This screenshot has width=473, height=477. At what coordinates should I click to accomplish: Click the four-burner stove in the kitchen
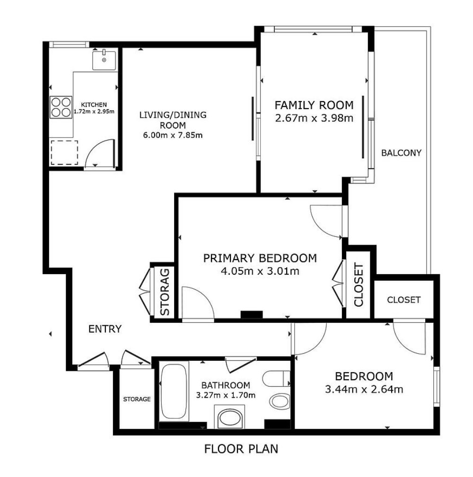pyautogui.click(x=61, y=107)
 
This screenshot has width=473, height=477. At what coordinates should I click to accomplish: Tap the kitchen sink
pyautogui.click(x=104, y=61)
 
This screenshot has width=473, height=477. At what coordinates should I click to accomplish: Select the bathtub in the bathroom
pyautogui.click(x=174, y=391)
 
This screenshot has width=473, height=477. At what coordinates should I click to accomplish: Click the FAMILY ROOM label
pyautogui.click(x=314, y=105)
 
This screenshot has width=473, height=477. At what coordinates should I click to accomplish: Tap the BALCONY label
pyautogui.click(x=401, y=153)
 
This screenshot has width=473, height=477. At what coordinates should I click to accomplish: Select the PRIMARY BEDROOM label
pyautogui.click(x=260, y=258)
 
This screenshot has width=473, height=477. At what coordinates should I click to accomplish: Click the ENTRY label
pyautogui.click(x=105, y=329)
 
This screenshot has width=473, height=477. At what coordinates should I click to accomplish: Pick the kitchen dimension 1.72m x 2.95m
pyautogui.click(x=94, y=112)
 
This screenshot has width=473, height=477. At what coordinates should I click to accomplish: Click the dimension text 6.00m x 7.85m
pyautogui.click(x=173, y=135)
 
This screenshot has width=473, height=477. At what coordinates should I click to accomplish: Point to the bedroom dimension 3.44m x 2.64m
pyautogui.click(x=364, y=389)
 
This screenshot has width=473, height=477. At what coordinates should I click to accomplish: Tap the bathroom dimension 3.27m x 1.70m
pyautogui.click(x=226, y=395)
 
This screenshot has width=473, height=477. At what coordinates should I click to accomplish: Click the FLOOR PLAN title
pyautogui.click(x=241, y=449)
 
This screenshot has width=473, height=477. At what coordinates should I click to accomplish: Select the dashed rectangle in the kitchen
pyautogui.click(x=64, y=152)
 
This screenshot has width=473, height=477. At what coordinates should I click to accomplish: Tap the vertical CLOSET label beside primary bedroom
pyautogui.click(x=359, y=285)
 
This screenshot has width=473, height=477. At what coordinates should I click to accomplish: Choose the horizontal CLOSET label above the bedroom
pyautogui.click(x=403, y=300)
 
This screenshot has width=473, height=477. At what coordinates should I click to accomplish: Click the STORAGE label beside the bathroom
pyautogui.click(x=137, y=399)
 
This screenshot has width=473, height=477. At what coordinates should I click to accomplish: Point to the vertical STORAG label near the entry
pyautogui.click(x=165, y=292)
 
